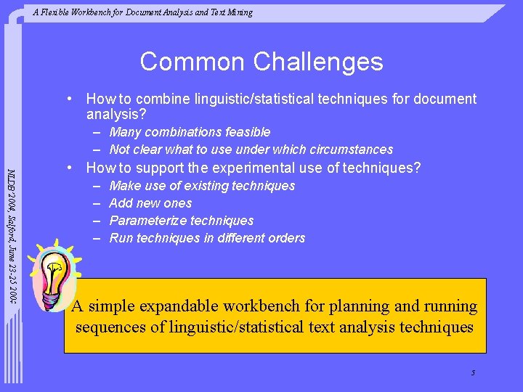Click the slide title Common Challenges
point(261,62)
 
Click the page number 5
point(473,373)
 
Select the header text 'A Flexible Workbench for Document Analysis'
point(142,12)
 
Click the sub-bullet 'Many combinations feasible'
point(190,132)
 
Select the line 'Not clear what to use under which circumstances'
point(251,150)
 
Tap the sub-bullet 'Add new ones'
point(150,203)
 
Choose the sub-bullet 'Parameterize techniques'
point(181,221)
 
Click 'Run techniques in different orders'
point(207,238)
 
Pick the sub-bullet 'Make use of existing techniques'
point(202,186)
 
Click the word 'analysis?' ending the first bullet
point(116,115)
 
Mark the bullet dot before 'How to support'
point(69,168)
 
